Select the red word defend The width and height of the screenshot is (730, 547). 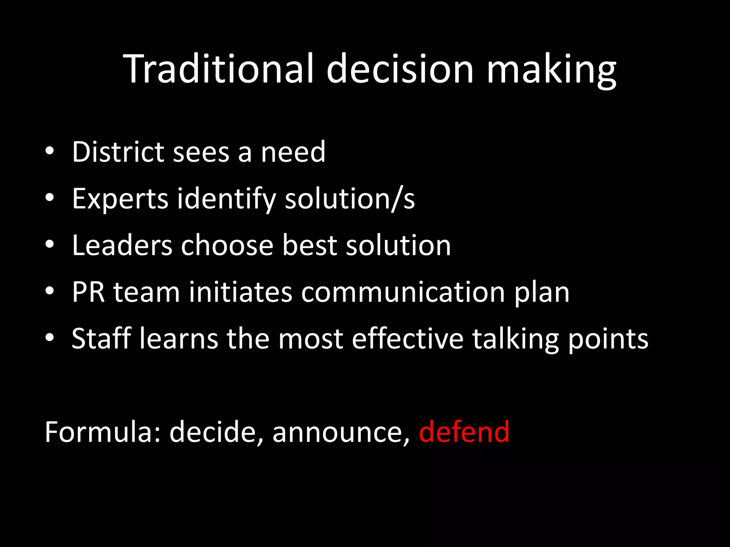[464, 432]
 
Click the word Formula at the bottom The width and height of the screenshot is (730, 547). [103, 432]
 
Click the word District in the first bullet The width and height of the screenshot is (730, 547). [118, 152]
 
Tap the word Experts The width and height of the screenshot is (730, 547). [120, 198]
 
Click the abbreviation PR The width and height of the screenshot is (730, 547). [88, 292]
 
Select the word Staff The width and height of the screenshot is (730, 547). [101, 338]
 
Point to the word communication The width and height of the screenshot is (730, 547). [403, 292]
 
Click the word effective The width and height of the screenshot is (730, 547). [408, 338]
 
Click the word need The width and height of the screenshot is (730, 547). [293, 152]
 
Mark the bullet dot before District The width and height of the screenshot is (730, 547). [50, 151]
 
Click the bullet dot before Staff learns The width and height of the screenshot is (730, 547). [50, 338]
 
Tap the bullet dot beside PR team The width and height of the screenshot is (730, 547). [50, 291]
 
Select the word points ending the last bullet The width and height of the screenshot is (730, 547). [608, 338]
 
